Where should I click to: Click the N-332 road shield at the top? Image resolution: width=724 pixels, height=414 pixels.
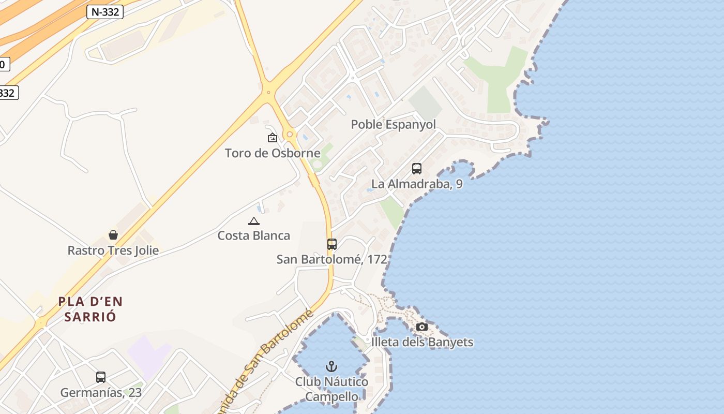click(x=104, y=12)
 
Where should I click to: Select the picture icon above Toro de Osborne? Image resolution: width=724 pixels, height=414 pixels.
click(x=272, y=138)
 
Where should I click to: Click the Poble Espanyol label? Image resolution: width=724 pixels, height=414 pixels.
click(x=393, y=125)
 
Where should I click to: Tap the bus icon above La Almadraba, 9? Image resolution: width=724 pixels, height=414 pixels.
click(x=417, y=169)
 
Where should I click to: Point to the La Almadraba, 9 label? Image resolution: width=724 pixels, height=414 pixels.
click(x=417, y=184)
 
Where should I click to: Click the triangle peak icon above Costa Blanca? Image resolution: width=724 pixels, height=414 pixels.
click(x=253, y=221)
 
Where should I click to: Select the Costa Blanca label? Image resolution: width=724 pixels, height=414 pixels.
click(x=253, y=236)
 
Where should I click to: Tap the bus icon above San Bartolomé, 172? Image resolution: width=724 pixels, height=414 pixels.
click(x=332, y=244)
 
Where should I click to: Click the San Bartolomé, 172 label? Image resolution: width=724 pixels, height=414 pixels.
click(x=331, y=259)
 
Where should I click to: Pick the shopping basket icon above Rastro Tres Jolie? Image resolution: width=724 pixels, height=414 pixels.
click(x=113, y=235)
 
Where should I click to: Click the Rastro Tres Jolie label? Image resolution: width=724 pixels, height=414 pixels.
click(x=113, y=251)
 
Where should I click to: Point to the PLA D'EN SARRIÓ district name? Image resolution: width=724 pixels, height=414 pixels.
click(x=90, y=309)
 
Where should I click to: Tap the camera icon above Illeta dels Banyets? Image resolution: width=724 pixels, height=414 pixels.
click(x=422, y=327)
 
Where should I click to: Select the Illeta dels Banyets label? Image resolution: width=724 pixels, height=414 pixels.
click(x=422, y=342)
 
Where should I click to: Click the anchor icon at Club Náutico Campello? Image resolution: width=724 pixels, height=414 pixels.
click(x=331, y=367)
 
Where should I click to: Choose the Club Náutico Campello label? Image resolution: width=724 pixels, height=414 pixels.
click(x=331, y=389)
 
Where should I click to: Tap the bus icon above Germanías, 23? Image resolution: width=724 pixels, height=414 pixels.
click(x=101, y=377)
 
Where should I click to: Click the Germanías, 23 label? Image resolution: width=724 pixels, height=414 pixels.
click(x=101, y=393)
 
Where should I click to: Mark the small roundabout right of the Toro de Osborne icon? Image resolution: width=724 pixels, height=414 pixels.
click(x=290, y=134)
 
